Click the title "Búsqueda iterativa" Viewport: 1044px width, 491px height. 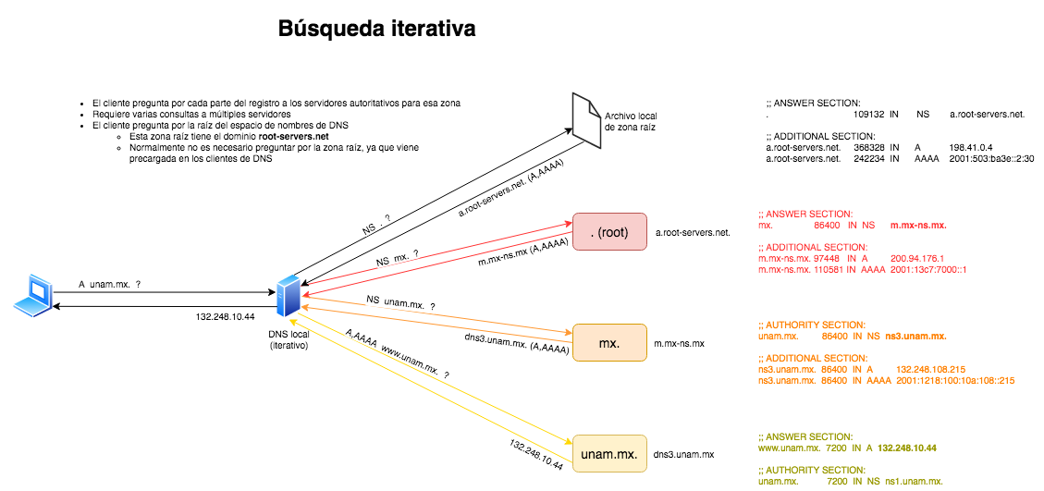377,30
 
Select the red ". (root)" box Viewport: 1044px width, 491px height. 609,232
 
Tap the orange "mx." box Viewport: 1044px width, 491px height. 609,343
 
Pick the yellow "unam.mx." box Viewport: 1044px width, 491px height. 609,454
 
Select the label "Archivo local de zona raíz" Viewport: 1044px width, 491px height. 636,121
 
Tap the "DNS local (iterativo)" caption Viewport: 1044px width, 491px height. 289,339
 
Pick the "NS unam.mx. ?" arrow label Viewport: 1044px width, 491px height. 400,302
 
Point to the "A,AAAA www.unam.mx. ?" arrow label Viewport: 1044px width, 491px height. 396,353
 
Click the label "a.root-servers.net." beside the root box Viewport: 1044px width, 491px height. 694,233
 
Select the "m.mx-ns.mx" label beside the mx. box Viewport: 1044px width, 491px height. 680,344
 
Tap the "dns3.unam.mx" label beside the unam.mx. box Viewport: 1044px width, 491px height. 684,455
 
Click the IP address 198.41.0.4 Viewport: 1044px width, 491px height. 970,147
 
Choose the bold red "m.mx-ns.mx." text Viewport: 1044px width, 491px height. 918,225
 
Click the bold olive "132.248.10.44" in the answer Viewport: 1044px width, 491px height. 906,448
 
